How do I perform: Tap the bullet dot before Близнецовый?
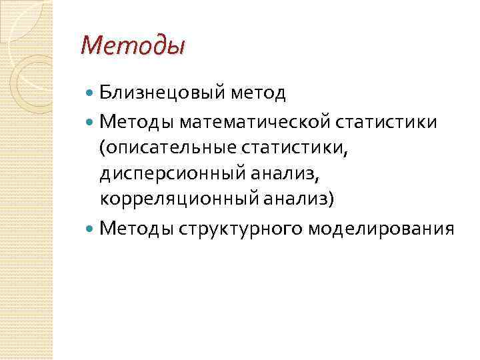91,93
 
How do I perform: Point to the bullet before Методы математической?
91,123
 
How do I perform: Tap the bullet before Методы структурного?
91,229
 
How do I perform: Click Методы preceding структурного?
137,229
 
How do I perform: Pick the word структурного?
241,229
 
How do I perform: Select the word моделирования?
381,229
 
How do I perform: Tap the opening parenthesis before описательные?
103,149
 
